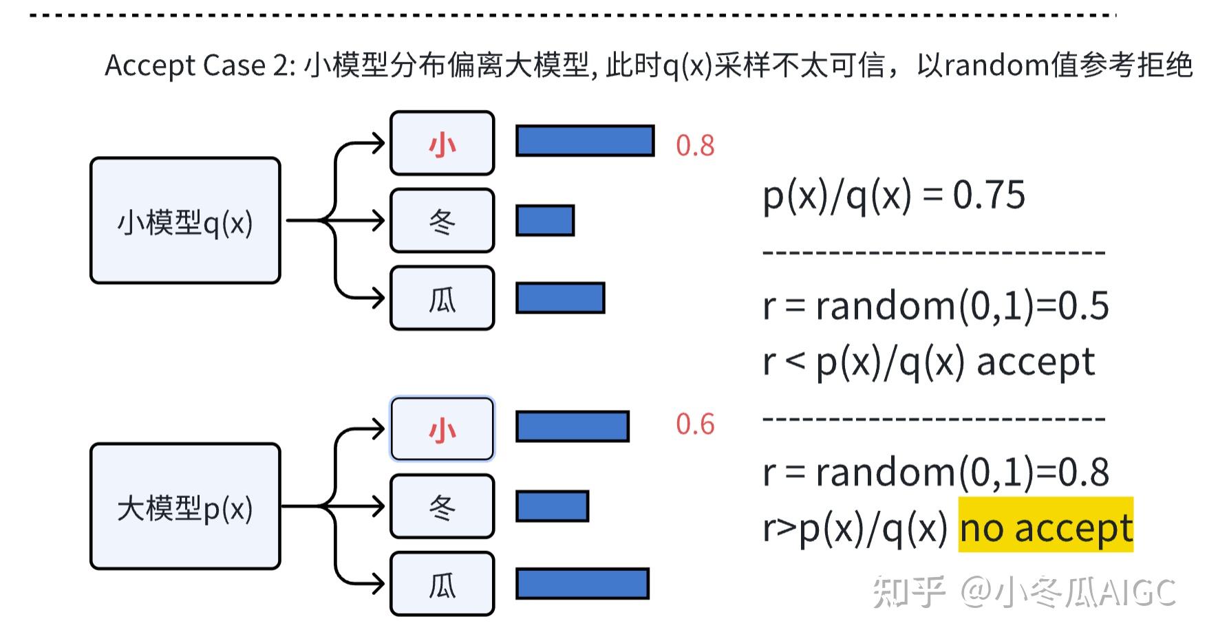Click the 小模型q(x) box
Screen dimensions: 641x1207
point(185,220)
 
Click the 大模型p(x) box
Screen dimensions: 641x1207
point(185,506)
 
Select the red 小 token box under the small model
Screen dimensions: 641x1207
point(442,143)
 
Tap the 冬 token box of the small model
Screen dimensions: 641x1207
point(442,221)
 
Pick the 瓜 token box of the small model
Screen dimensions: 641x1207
point(442,298)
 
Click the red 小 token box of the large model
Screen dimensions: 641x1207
point(442,428)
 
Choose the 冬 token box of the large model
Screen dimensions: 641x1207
point(442,506)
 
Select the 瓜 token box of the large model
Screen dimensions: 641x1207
point(442,584)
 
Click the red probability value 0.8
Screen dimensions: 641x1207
point(695,146)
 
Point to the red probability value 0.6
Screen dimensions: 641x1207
point(695,424)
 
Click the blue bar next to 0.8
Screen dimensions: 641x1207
point(585,141)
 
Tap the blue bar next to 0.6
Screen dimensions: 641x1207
point(573,426)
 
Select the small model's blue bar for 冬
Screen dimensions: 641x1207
point(545,221)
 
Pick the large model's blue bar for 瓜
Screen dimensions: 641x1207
point(582,584)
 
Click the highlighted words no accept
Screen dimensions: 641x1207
point(1045,528)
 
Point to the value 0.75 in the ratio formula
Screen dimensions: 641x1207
point(989,195)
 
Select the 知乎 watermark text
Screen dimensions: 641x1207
point(908,591)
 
